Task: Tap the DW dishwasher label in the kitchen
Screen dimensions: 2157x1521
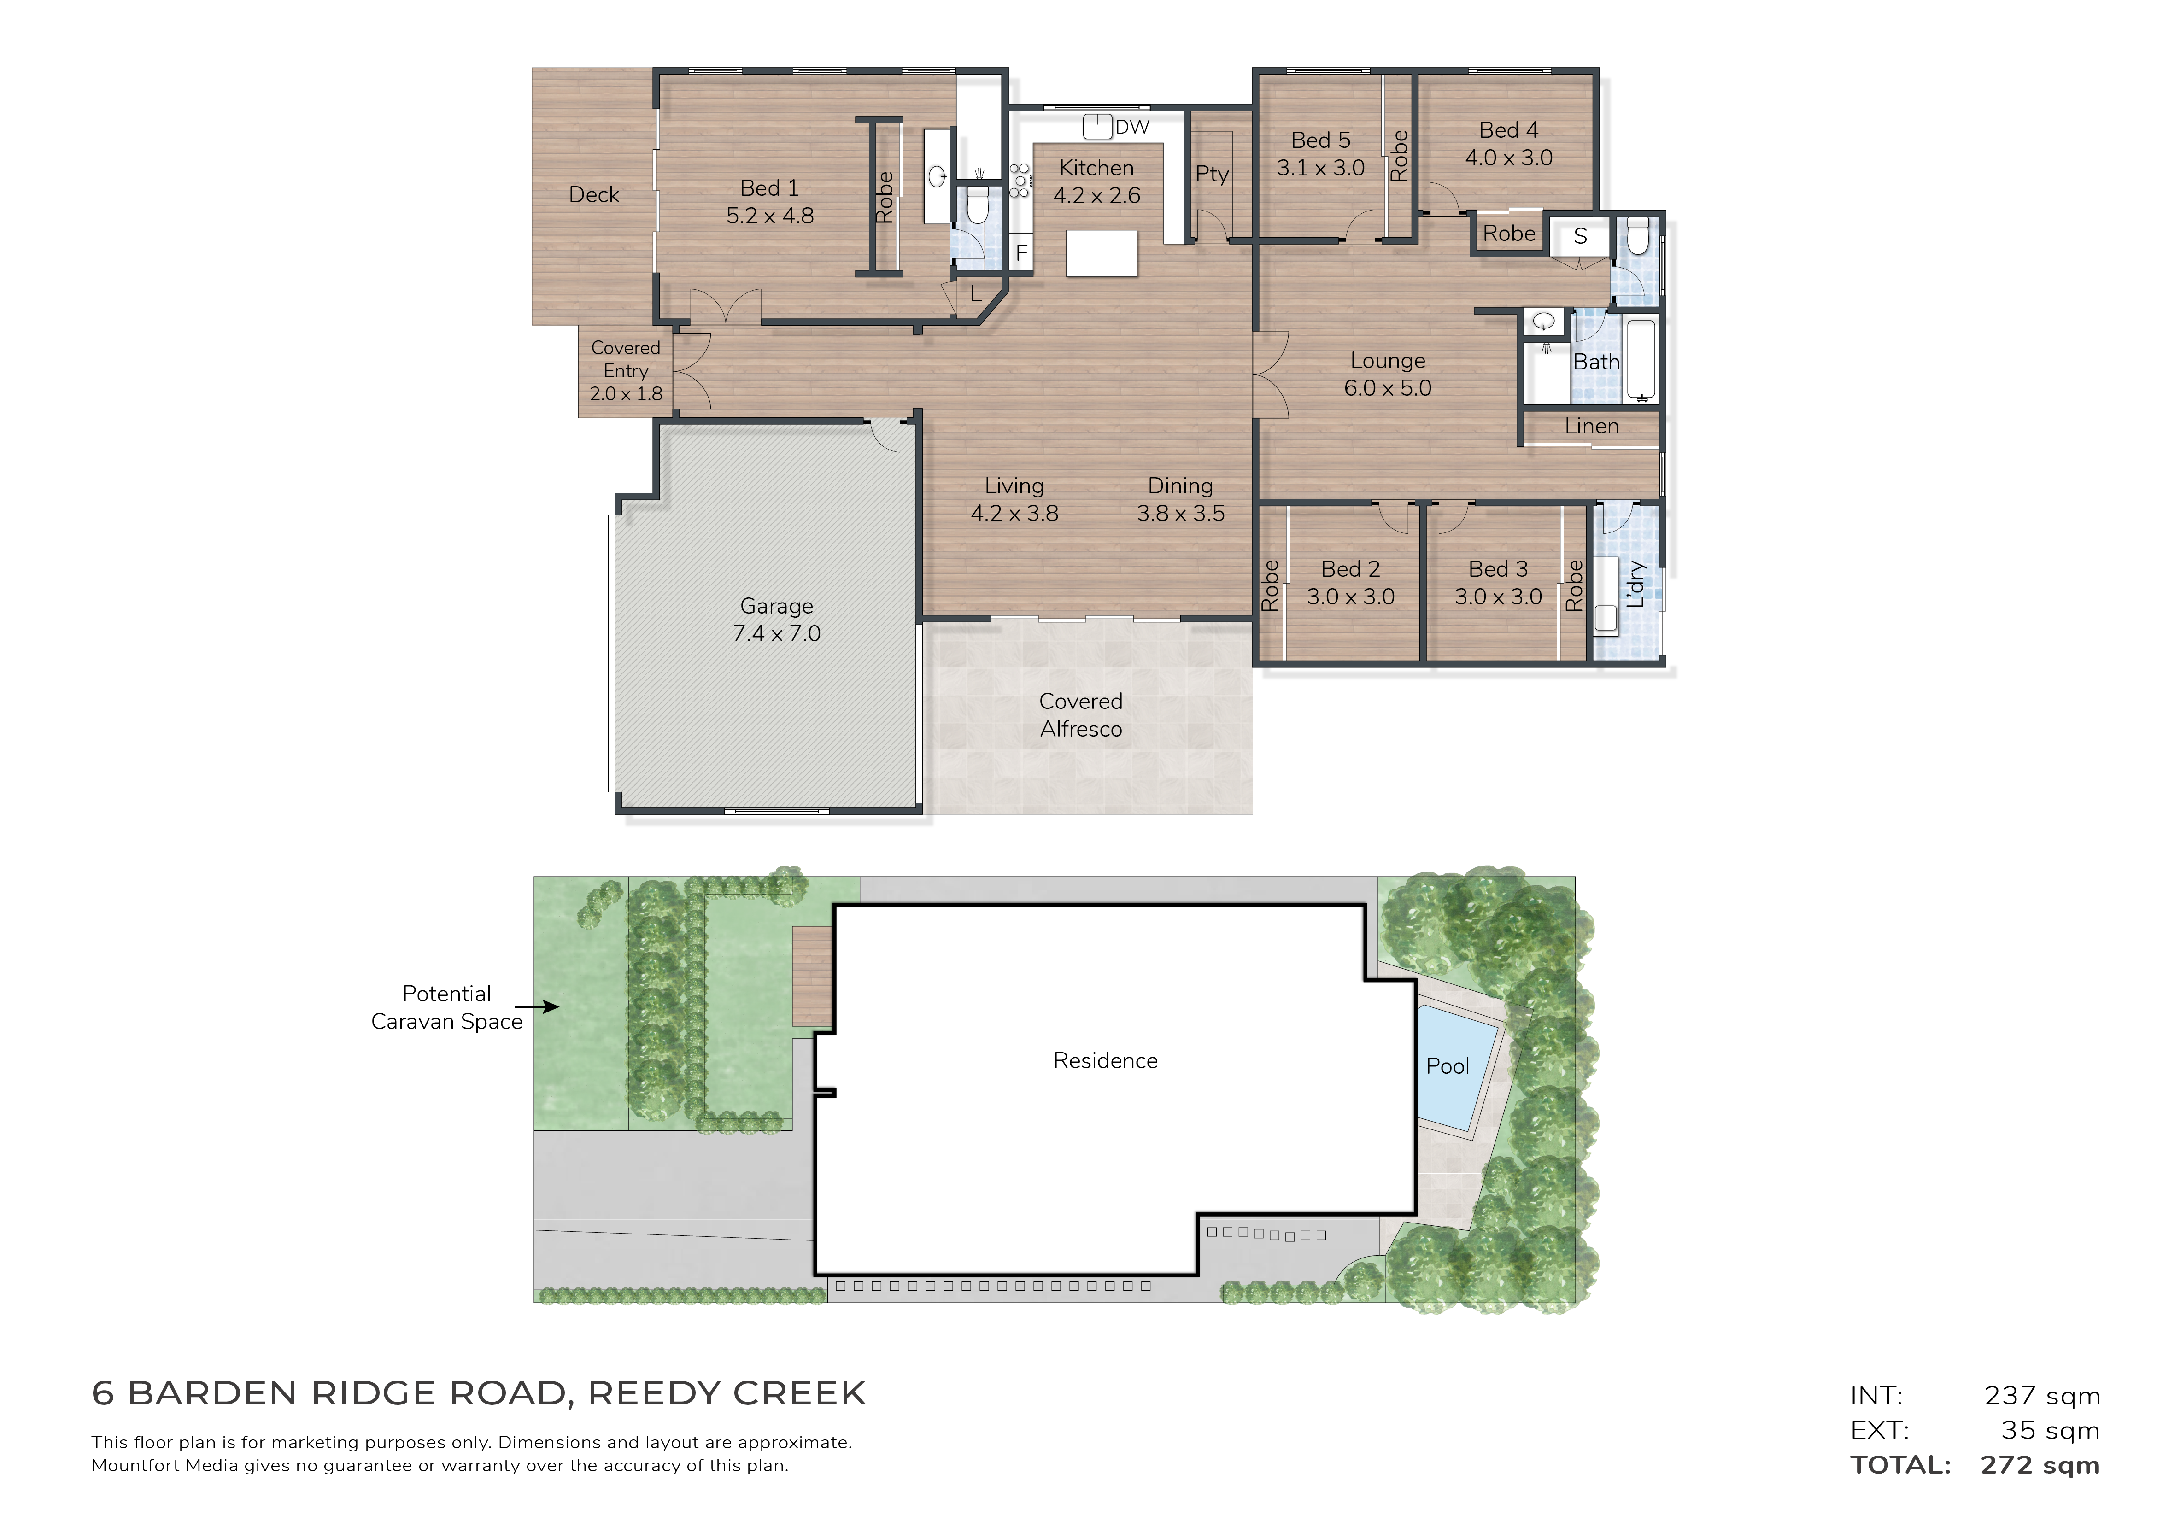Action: (1132, 127)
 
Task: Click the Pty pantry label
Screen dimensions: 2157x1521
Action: (1212, 175)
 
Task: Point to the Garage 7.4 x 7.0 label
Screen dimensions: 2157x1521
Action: (777, 620)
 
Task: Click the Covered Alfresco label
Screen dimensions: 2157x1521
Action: (1081, 715)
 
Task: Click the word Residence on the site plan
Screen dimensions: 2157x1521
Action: (1106, 1061)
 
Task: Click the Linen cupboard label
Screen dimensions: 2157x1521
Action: (1591, 427)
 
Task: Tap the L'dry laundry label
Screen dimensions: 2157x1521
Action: (1635, 585)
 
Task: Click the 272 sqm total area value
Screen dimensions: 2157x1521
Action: (2040, 1466)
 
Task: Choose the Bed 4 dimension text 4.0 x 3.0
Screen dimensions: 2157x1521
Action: (1509, 158)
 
